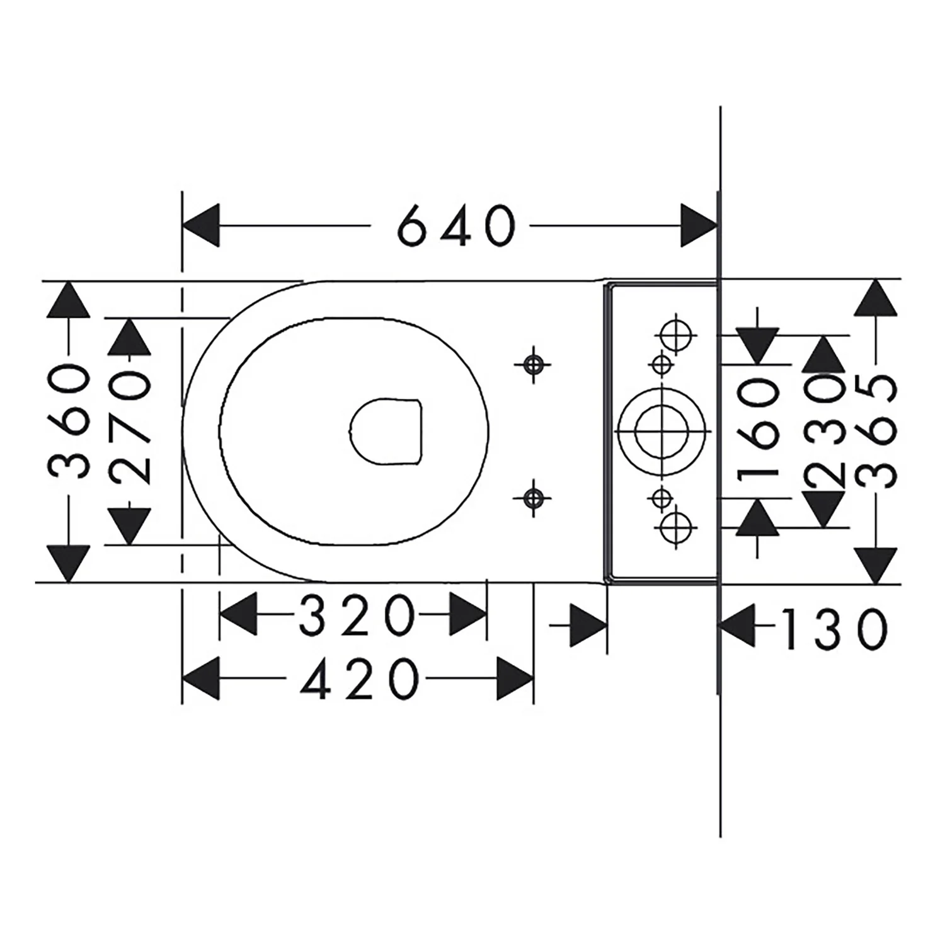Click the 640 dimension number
click(x=457, y=225)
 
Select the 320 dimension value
click(x=357, y=615)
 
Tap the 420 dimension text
click(x=359, y=679)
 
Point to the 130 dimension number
click(x=833, y=628)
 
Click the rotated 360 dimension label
click(x=69, y=421)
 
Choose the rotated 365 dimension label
click(x=875, y=431)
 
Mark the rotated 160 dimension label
click(x=758, y=432)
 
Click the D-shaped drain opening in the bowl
click(x=386, y=432)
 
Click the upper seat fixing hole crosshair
click(x=533, y=364)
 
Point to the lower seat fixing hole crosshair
click(x=533, y=498)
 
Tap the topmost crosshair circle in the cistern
click(x=677, y=335)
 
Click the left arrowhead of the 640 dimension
click(x=201, y=225)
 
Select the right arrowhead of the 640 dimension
click(x=699, y=225)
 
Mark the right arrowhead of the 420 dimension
click(x=515, y=679)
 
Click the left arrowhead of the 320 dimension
click(x=238, y=615)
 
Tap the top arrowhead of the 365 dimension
click(x=875, y=297)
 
